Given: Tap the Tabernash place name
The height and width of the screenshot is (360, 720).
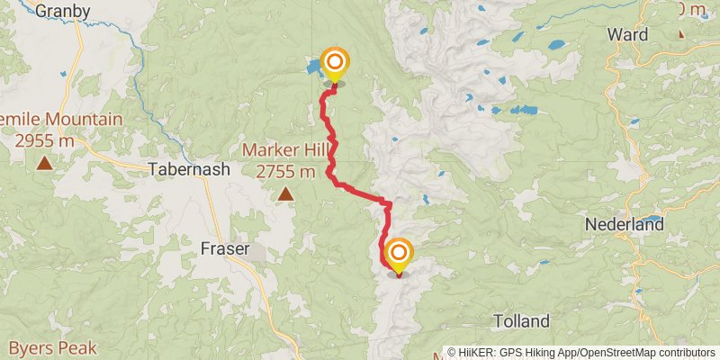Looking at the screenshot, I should (x=189, y=168).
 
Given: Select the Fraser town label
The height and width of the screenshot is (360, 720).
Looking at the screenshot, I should (x=225, y=248).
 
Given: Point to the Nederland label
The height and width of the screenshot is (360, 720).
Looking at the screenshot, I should (x=624, y=223).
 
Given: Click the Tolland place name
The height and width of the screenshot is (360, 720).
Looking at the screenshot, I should (x=522, y=320).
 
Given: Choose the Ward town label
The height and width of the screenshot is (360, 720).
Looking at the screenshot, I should (x=626, y=34).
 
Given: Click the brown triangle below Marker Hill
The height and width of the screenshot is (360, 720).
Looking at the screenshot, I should (x=285, y=193).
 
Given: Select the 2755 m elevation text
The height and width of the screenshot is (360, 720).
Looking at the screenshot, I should (x=285, y=171).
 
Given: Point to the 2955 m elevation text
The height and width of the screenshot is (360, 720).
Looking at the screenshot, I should (x=44, y=140).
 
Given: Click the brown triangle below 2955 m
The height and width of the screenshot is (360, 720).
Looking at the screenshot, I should (x=44, y=163).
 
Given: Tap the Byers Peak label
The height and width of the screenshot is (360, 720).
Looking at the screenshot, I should (x=45, y=347).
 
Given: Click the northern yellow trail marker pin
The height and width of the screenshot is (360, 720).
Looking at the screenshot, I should (x=335, y=63).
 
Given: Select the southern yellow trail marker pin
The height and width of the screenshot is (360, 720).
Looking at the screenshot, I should (x=398, y=254).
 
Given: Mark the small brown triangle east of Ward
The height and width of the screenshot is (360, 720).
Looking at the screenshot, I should (x=681, y=33).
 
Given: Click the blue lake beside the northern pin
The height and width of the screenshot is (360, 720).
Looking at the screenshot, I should (x=313, y=67).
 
